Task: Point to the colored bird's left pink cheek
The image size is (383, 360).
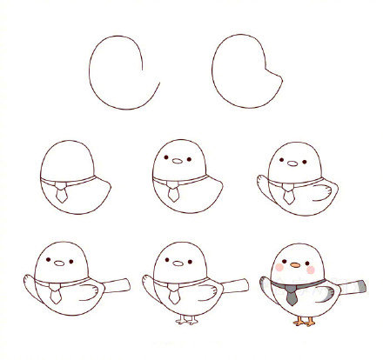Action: point(278,269)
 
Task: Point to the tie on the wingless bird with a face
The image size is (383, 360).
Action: point(174,192)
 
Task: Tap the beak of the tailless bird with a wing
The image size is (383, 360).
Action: point(292,162)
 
